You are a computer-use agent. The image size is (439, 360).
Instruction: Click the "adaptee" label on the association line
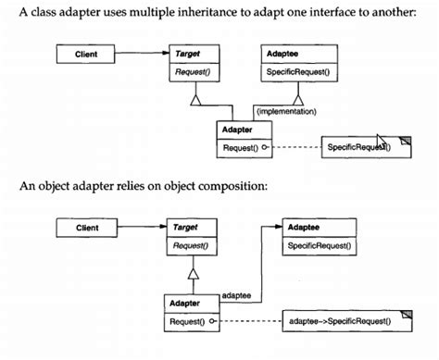(237, 294)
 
